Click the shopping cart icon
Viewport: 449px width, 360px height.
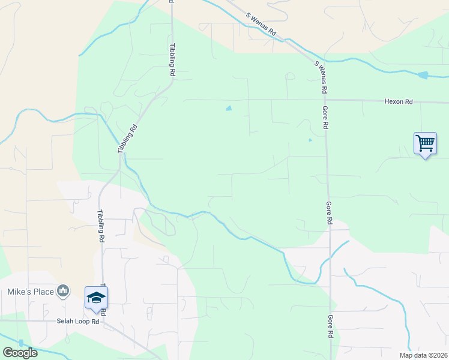pyautogui.click(x=425, y=144)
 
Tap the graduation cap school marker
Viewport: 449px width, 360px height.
pyautogui.click(x=96, y=298)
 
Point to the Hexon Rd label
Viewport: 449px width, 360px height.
pyautogui.click(x=399, y=102)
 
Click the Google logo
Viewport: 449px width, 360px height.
pyautogui.click(x=20, y=352)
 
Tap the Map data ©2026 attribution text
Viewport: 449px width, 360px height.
pyautogui.click(x=423, y=355)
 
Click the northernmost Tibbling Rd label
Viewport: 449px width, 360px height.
pyautogui.click(x=172, y=59)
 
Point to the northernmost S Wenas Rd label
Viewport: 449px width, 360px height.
pyautogui.click(x=261, y=25)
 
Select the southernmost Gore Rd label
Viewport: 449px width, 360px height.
pyautogui.click(x=330, y=326)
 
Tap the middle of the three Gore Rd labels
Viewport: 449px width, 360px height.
pyautogui.click(x=329, y=212)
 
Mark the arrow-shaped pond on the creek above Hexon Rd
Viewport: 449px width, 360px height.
pyautogui.click(x=423, y=75)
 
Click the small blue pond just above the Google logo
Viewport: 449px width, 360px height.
pyautogui.click(x=21, y=343)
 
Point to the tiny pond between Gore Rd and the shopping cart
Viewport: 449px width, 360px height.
pyautogui.click(x=310, y=140)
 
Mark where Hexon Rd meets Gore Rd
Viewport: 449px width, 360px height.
pyautogui.click(x=326, y=100)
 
